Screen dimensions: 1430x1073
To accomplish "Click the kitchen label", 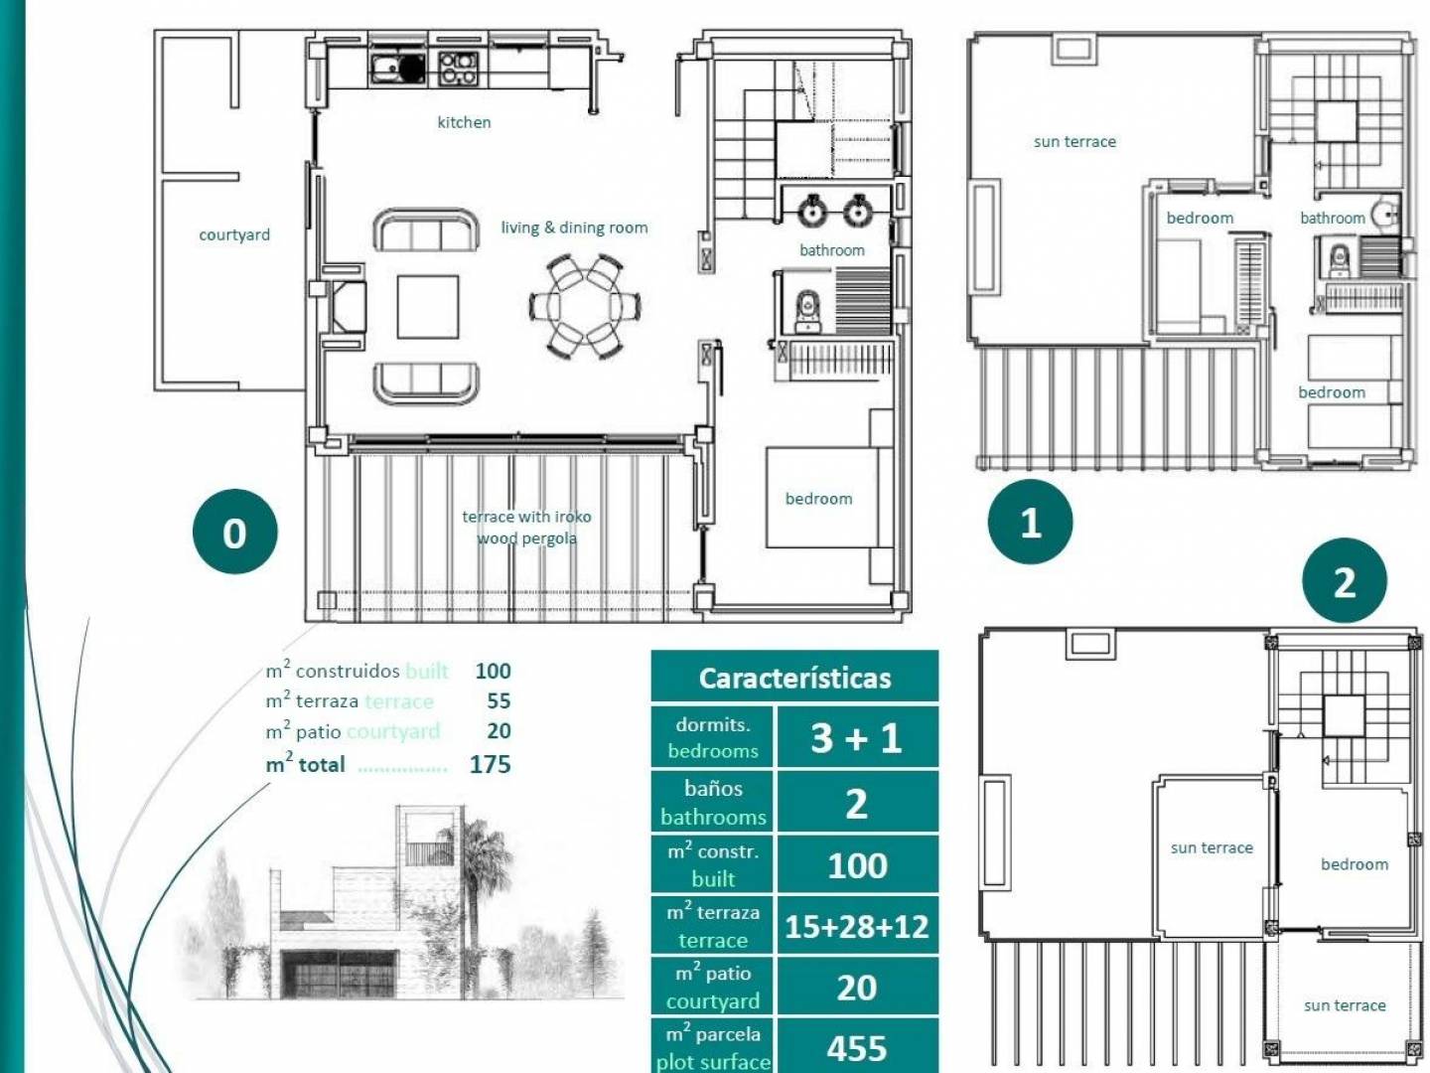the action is (464, 122).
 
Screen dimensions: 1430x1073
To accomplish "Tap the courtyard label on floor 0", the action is (234, 234).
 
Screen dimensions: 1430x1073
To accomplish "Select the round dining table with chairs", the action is (585, 306).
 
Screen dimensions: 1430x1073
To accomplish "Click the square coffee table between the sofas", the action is (428, 307).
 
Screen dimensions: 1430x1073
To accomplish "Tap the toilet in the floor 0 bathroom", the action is (808, 311).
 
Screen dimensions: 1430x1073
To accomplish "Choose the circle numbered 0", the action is (235, 532).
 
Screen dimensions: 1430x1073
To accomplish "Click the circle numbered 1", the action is (1030, 522).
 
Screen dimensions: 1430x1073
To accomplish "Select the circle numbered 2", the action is (1345, 580).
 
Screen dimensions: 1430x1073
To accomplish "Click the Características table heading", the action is (794, 679).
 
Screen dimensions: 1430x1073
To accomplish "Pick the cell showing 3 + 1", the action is (857, 737).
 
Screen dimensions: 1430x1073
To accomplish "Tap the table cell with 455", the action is (857, 1046).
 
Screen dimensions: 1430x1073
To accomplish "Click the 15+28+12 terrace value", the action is (857, 926).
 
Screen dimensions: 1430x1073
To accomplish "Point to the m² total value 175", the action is (490, 764).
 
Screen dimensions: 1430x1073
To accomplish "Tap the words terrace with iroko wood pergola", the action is (526, 527).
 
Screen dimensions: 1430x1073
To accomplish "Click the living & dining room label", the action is (575, 228).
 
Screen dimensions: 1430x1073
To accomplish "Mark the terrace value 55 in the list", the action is (499, 701).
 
